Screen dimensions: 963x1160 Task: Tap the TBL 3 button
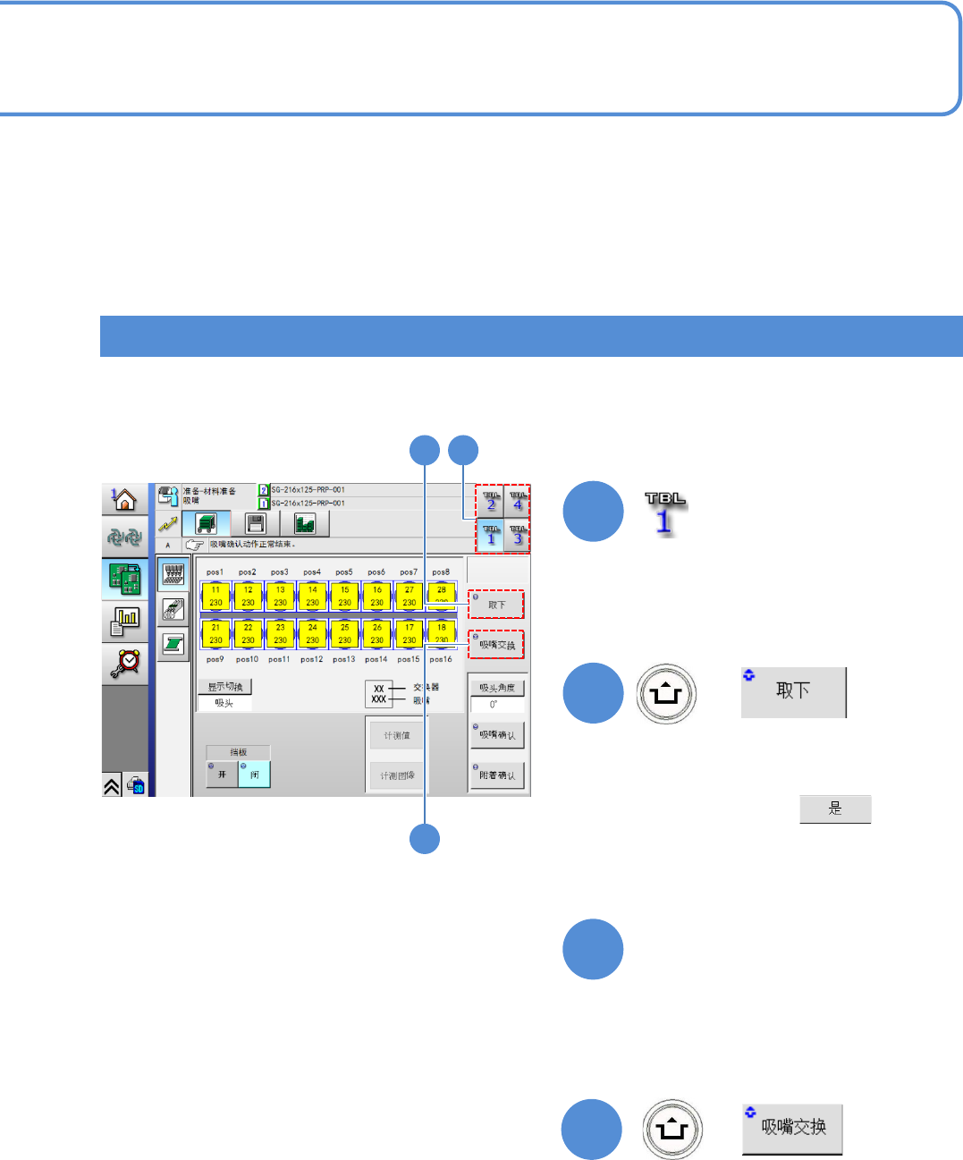517,534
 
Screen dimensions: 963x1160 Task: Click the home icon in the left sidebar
124,499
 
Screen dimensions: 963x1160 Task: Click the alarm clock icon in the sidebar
125,661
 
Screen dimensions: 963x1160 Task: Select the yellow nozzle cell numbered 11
215,596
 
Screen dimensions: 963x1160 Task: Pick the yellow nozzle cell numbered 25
344,633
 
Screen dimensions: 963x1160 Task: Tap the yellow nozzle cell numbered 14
312,596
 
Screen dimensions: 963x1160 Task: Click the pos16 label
441,659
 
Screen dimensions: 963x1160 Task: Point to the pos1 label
215,572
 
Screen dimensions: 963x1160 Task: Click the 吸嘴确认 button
497,734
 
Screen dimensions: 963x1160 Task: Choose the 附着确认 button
497,775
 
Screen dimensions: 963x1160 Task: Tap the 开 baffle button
222,774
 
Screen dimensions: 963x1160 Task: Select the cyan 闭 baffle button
254,774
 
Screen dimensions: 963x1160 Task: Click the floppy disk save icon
255,523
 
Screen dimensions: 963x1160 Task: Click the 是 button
834,809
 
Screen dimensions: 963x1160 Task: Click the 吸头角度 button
497,688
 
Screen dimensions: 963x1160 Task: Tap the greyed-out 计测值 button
397,735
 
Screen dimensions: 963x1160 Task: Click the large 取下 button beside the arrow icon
793,691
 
